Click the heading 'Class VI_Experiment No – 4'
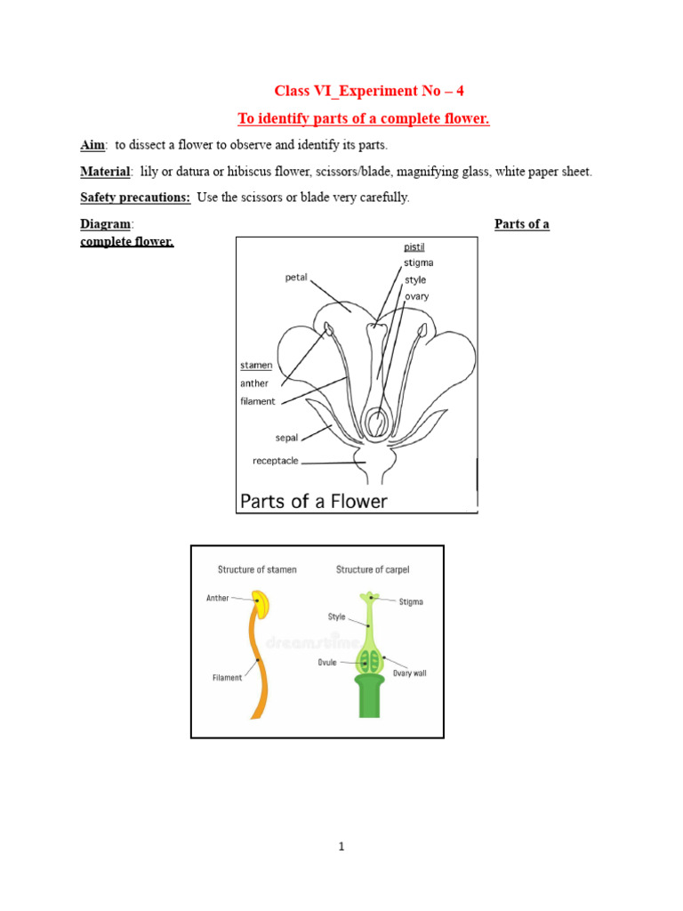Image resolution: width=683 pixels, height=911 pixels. (368, 91)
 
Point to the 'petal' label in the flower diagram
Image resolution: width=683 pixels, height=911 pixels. (296, 278)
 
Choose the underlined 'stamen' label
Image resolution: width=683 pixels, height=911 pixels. (256, 365)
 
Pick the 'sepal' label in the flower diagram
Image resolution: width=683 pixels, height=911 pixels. (286, 438)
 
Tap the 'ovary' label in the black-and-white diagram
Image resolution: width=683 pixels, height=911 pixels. (416, 296)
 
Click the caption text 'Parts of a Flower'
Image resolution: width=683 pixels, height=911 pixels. (314, 501)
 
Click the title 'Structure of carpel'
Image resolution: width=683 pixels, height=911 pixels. (372, 569)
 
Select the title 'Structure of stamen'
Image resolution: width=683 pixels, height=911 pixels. (257, 569)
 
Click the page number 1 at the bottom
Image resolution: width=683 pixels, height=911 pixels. (341, 846)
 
